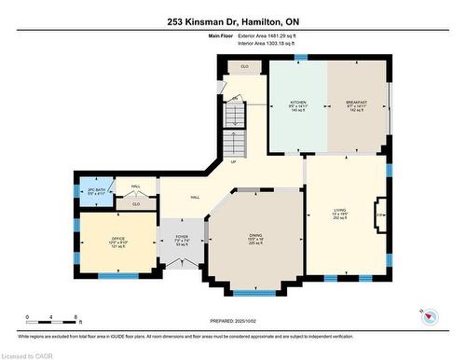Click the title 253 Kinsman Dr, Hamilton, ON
point(232,22)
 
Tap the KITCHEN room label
point(298,102)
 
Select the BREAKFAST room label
point(356,102)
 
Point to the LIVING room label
point(340,211)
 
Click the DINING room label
point(254,236)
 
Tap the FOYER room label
point(182,238)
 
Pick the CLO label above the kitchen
point(243,67)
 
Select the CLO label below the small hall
point(135,203)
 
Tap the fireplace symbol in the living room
point(379,215)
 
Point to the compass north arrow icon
point(430,316)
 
